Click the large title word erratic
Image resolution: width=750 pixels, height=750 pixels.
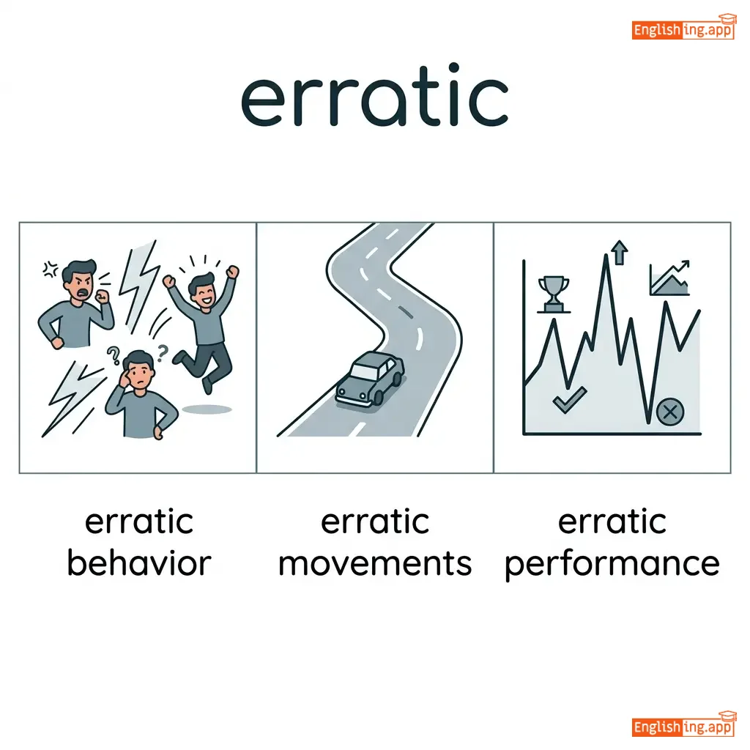coord(374,96)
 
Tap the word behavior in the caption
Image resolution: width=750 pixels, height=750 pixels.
coord(139,563)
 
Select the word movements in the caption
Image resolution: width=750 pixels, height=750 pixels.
coord(375,563)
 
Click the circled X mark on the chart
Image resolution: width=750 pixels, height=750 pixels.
coord(670,412)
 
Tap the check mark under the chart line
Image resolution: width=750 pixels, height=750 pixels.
coord(569,400)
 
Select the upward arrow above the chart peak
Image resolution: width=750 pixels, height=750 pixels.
coord(620,252)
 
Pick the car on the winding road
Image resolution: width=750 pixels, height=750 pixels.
coord(370,379)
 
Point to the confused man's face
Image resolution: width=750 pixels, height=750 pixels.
coord(139,371)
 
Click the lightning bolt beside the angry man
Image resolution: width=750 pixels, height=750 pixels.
coord(138,284)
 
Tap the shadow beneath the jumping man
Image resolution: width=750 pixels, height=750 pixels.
coord(207,409)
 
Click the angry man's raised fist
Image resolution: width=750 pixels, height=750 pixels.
coord(102,296)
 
